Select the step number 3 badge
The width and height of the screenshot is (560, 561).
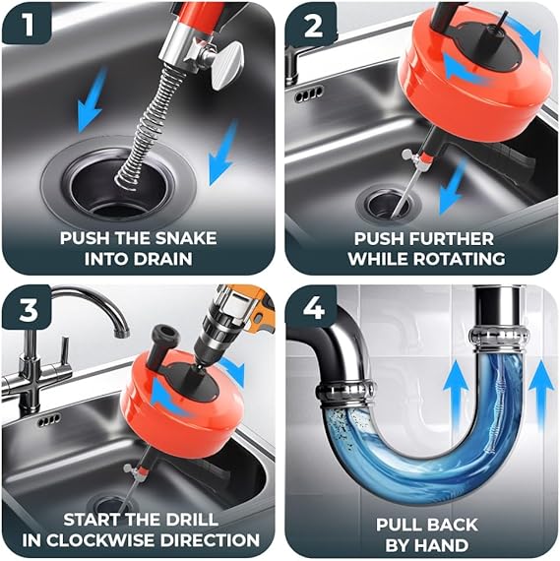pyautogui.click(x=27, y=309)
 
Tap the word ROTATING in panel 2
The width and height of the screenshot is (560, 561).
pyautogui.click(x=461, y=258)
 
